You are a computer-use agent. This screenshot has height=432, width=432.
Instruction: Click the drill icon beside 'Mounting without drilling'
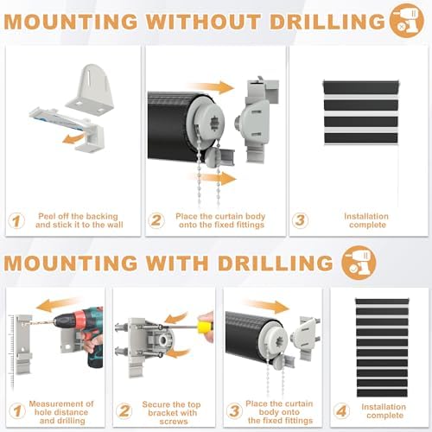(x=407, y=21)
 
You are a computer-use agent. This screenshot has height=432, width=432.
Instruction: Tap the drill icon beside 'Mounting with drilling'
(x=359, y=263)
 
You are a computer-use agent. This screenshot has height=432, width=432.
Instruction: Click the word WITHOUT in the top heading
(x=204, y=22)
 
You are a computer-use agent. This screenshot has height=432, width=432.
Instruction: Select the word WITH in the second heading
(x=177, y=263)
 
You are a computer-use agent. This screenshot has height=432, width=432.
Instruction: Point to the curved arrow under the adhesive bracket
(x=73, y=139)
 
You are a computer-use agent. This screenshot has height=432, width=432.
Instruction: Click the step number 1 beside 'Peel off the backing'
(x=16, y=221)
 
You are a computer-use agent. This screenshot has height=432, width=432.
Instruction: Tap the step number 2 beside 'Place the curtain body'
(x=156, y=220)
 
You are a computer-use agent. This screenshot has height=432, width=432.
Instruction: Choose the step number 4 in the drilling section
(x=341, y=410)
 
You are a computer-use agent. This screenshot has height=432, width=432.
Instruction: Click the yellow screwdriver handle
(x=206, y=327)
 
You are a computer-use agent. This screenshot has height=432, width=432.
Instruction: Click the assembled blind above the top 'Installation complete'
(x=361, y=112)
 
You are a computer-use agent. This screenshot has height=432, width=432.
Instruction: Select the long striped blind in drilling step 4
(x=382, y=347)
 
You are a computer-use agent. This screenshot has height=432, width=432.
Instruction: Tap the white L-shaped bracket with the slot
(x=90, y=90)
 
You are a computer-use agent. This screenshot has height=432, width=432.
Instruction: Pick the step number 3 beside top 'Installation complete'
(x=300, y=220)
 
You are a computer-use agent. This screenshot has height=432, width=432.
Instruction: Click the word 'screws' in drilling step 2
(x=174, y=422)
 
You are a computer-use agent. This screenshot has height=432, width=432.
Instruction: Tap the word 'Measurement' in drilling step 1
(x=61, y=403)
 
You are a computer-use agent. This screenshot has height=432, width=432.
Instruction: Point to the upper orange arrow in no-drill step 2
(x=211, y=87)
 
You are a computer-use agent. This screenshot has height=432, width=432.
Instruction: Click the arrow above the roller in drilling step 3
(x=265, y=307)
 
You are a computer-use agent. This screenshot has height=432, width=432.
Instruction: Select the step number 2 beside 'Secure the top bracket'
(x=124, y=410)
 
